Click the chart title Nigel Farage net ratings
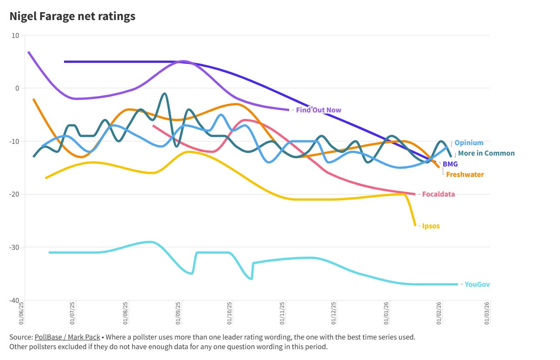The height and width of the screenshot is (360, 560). (x=72, y=17)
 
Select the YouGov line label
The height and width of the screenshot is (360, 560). (x=477, y=284)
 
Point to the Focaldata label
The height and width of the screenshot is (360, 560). (x=439, y=194)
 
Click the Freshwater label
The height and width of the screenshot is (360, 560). (x=465, y=174)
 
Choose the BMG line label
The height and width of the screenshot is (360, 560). (x=450, y=164)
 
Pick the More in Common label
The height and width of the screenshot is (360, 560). (x=486, y=153)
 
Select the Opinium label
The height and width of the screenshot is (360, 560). (x=469, y=143)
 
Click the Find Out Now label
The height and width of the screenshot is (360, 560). (x=318, y=110)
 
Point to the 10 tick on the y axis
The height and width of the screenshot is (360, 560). (x=15, y=35)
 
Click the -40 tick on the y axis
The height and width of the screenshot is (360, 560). (x=14, y=300)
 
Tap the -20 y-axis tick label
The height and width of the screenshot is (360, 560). (x=14, y=194)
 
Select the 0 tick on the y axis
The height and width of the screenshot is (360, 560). (x=17, y=88)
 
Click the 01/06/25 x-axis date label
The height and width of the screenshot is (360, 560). (x=20, y=313)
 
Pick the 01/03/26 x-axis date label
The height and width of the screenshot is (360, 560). (x=487, y=313)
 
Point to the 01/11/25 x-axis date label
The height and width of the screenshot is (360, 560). (x=282, y=313)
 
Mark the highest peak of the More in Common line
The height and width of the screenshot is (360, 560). (x=164, y=94)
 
